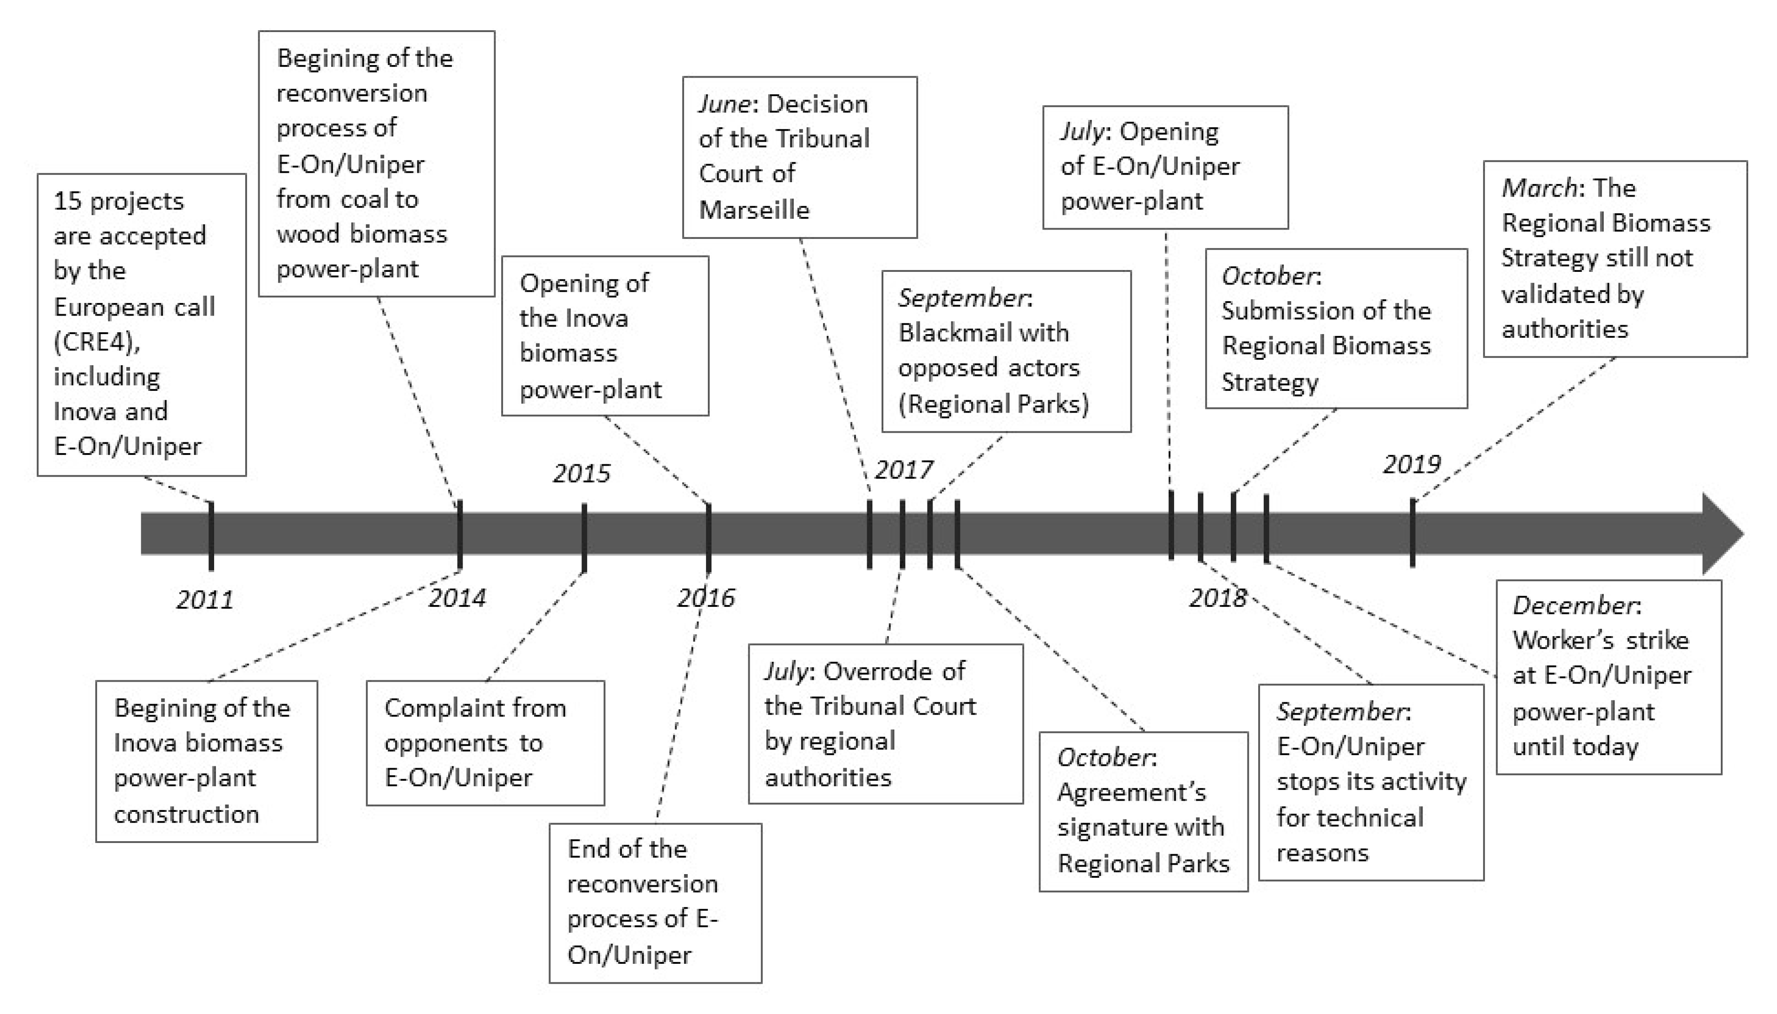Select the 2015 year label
coord(581,474)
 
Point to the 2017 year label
coord(903,470)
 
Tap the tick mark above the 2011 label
coord(211,535)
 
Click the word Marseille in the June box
coord(754,210)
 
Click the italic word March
coord(1539,188)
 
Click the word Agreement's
coord(1131,792)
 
